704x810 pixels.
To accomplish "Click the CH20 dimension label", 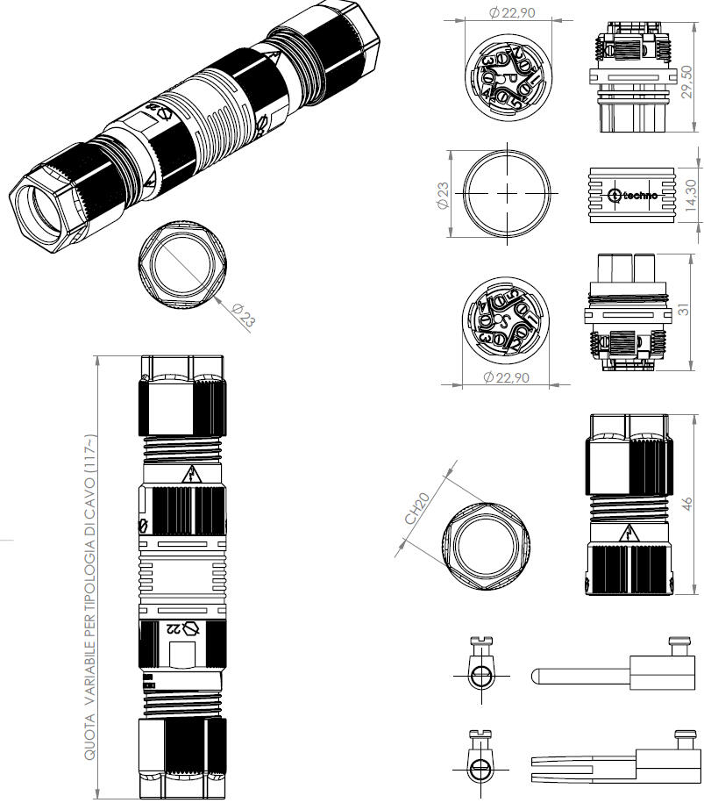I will (x=417, y=508).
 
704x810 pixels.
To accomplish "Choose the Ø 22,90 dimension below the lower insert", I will (x=506, y=377).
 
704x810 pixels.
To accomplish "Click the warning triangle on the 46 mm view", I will (x=629, y=532).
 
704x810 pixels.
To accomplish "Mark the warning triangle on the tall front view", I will (x=190, y=476).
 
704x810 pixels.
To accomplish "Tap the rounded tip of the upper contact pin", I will (x=536, y=677).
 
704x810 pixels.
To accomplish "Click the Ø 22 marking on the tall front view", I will (x=184, y=628).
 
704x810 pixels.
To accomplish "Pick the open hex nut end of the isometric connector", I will (x=42, y=211).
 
